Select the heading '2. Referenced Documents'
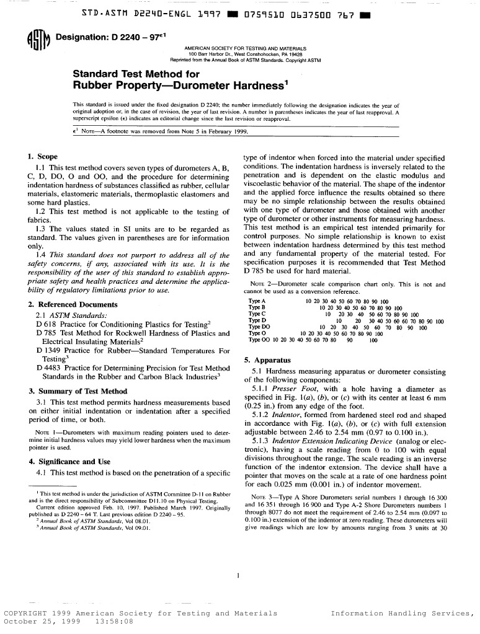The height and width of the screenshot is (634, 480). click(x=73, y=304)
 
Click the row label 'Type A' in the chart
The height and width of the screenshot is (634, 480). click(x=257, y=301)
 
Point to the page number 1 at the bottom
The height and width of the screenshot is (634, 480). click(x=239, y=575)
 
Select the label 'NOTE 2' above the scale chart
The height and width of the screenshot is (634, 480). click(x=260, y=284)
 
